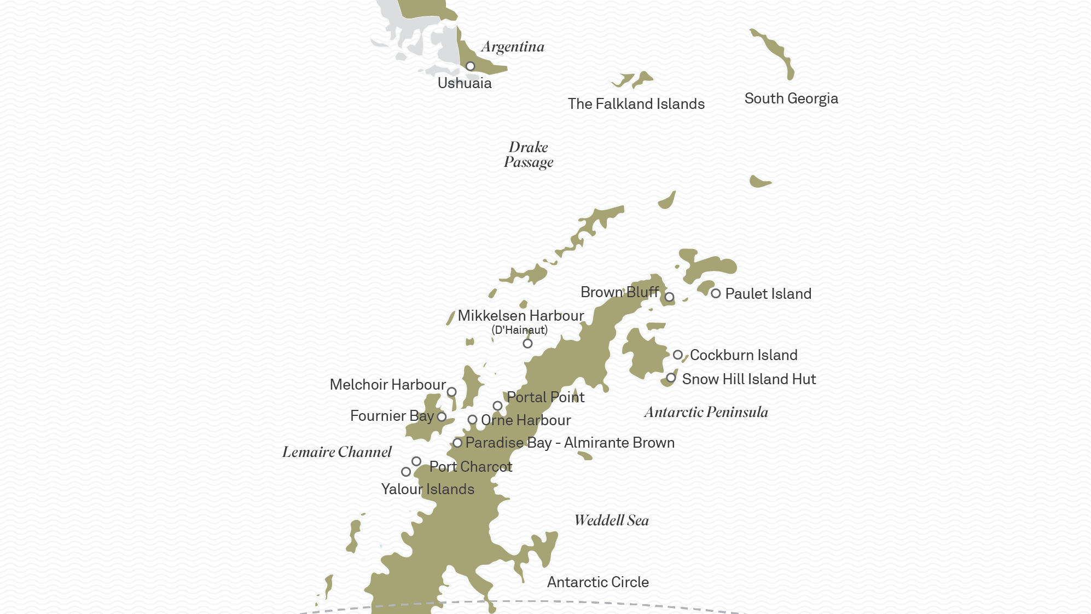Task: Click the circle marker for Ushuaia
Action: point(470,66)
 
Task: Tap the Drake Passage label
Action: point(529,155)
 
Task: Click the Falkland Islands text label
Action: point(636,104)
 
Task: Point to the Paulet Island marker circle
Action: point(716,293)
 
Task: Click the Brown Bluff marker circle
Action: point(669,297)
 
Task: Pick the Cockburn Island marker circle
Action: point(677,355)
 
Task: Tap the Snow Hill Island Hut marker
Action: point(671,378)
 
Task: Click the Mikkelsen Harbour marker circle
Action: point(527,344)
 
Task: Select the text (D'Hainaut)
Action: point(519,330)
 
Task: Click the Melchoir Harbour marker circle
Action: point(451,392)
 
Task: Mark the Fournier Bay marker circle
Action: point(442,417)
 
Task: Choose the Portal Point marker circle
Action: point(497,406)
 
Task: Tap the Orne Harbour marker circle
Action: point(472,420)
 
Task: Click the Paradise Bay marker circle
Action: point(457,443)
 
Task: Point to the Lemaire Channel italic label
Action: point(336,452)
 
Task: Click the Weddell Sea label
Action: point(611,520)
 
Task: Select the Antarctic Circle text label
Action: point(597,582)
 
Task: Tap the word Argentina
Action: point(513,47)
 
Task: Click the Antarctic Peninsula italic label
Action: point(706,412)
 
